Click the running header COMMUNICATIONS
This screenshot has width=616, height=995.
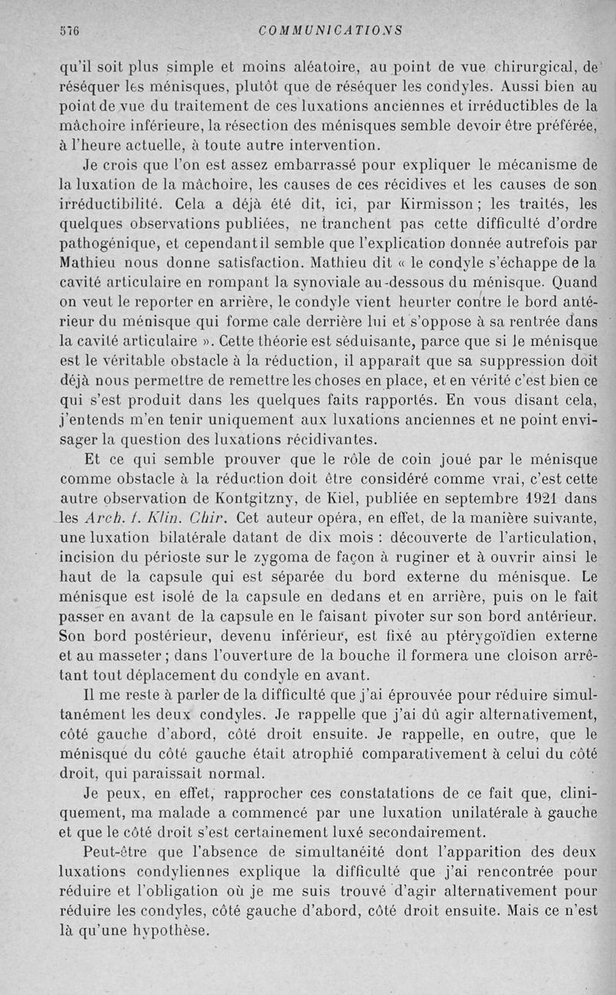pyautogui.click(x=331, y=31)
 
